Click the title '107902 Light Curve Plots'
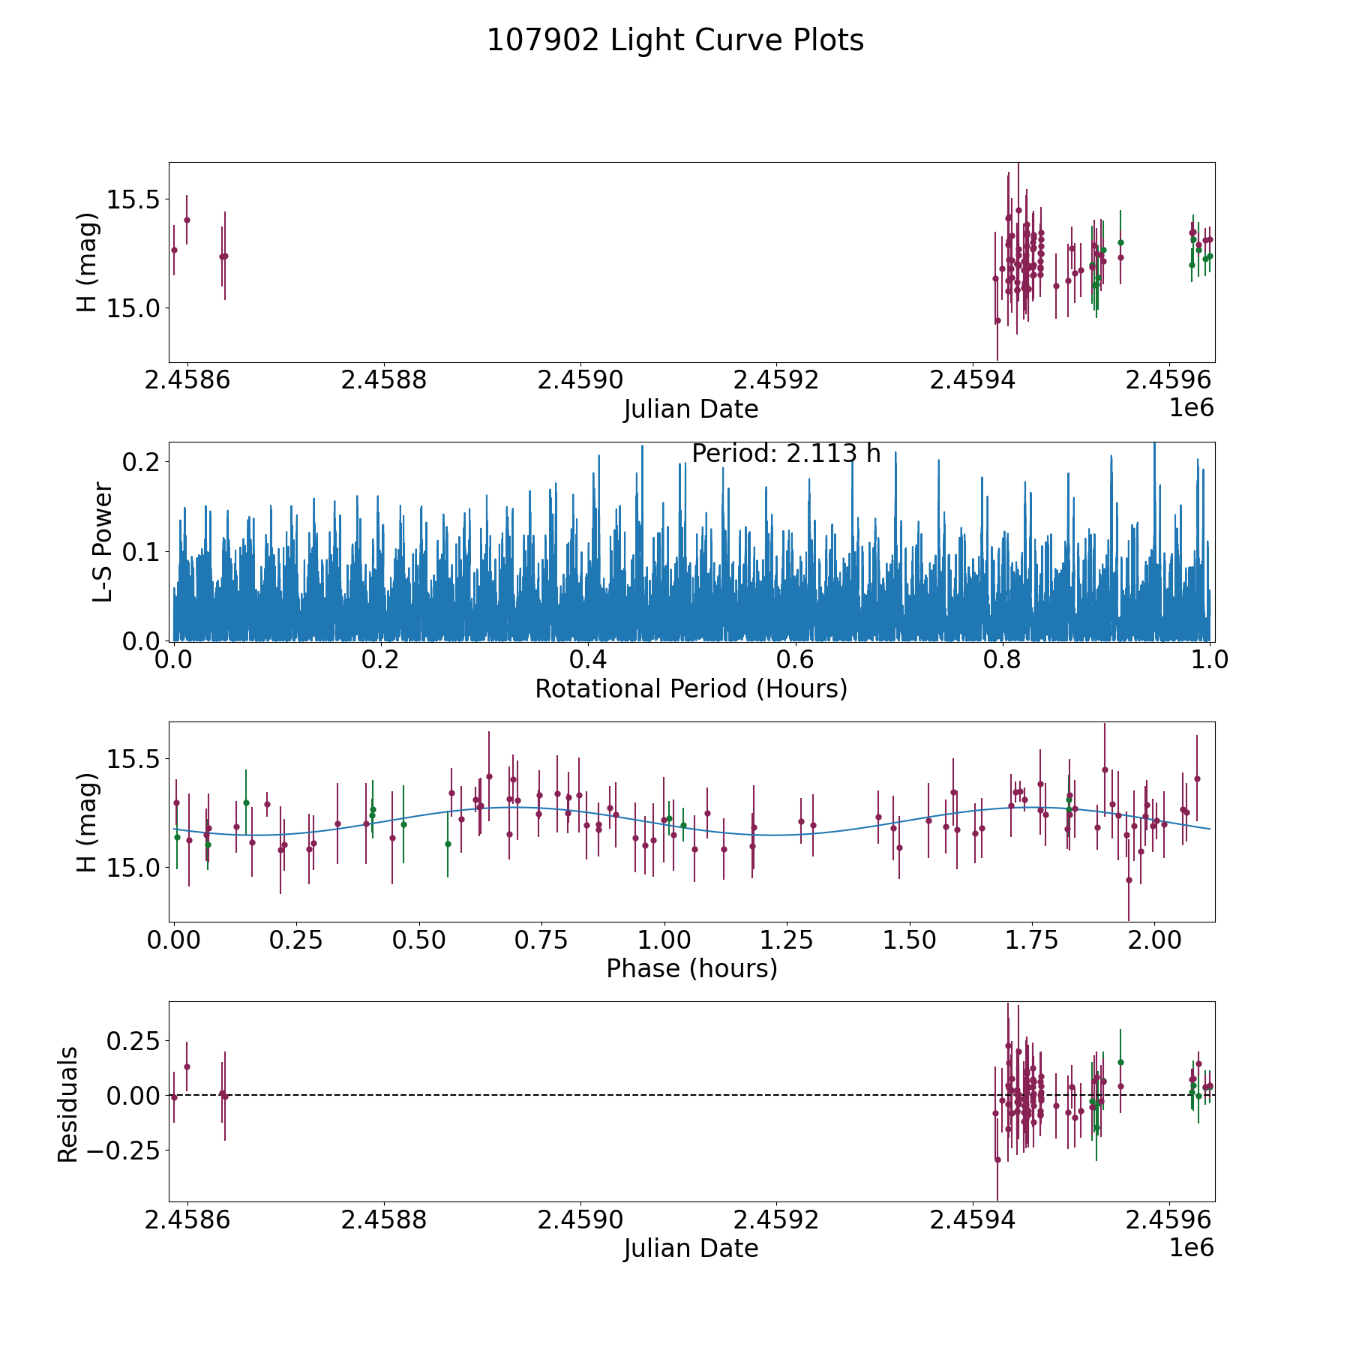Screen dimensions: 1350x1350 pos(675,40)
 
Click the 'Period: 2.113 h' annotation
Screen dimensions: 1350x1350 pos(786,454)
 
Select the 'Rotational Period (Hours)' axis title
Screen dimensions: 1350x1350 pos(691,688)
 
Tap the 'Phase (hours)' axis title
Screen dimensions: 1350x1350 pos(691,968)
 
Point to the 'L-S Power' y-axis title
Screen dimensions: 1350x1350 pos(103,542)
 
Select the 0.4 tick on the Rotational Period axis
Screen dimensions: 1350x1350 pos(588,660)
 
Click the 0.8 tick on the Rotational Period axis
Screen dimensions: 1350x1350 pos(1003,660)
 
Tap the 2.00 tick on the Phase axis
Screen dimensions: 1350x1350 pos(1155,940)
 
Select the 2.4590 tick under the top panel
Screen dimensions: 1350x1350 pos(580,380)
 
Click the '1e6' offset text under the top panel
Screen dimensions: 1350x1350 pos(1191,408)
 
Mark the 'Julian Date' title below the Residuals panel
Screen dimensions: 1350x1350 pos(691,1249)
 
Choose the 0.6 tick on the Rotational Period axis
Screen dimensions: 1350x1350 pos(795,660)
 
